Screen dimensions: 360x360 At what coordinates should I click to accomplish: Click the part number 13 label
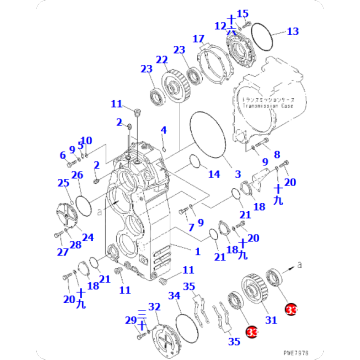(292, 32)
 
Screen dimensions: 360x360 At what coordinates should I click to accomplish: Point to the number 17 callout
(199, 39)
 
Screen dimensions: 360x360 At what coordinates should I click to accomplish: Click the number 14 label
(213, 173)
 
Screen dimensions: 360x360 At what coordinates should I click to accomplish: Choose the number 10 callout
(86, 140)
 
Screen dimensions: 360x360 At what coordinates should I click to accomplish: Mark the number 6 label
(62, 155)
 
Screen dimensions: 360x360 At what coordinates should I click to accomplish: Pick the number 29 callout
(130, 319)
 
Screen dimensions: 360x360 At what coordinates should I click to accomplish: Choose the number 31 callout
(270, 319)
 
